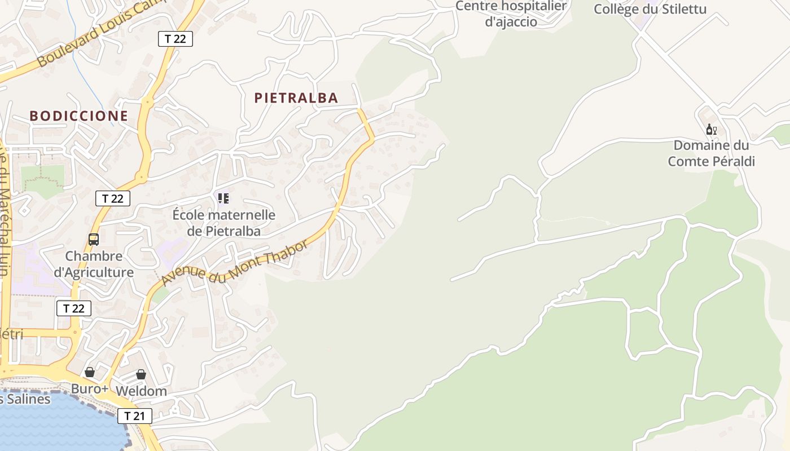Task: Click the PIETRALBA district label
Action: point(296,98)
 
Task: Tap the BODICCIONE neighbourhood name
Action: point(79,116)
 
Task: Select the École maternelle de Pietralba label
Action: point(224,223)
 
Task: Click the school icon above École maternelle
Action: point(223,198)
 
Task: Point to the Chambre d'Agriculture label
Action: point(94,264)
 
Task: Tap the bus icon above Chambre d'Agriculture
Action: point(94,239)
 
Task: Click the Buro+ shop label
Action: point(90,389)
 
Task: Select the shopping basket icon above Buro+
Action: point(90,372)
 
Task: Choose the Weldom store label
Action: point(141,391)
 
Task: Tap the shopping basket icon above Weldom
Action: point(141,374)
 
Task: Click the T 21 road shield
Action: point(135,416)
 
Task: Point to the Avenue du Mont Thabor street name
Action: point(234,263)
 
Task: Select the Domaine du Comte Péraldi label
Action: point(711,153)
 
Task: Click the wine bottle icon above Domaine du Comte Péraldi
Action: point(711,130)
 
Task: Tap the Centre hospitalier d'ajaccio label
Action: point(511,14)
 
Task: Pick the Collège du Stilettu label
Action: point(650,9)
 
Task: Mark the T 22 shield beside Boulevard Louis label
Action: point(175,38)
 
